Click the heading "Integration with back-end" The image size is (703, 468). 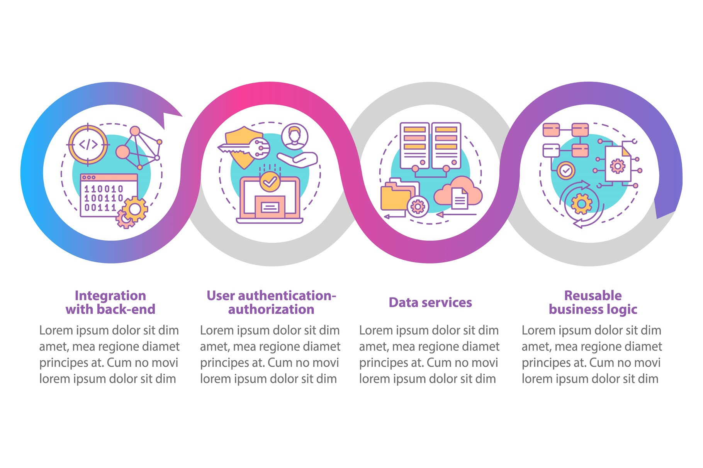[x=110, y=302]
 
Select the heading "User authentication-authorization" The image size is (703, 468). [x=271, y=302]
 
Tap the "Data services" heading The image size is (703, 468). [x=430, y=302]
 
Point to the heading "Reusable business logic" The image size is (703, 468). [x=593, y=302]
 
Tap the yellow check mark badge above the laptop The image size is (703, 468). [x=270, y=181]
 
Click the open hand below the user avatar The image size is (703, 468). [x=298, y=159]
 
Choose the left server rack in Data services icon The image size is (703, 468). [x=414, y=146]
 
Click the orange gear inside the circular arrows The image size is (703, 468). [x=581, y=203]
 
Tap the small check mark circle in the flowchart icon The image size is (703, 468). [x=566, y=170]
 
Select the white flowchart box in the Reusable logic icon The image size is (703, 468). [x=551, y=150]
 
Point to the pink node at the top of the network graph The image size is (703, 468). [x=135, y=131]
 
